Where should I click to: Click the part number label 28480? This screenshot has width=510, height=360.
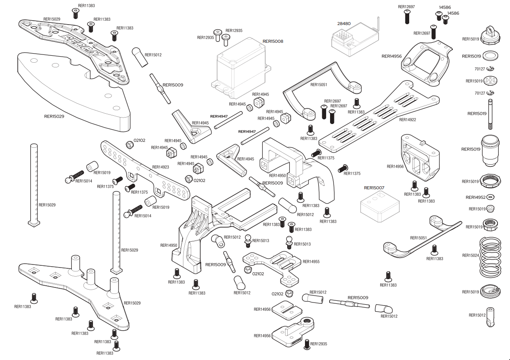click(343, 24)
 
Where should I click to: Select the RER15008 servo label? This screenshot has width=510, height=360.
click(273, 41)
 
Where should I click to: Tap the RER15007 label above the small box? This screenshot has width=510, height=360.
click(374, 188)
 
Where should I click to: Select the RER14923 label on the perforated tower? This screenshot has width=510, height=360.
click(160, 166)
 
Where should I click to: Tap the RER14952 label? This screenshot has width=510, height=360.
click(475, 197)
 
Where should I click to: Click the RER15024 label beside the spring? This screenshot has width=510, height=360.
click(471, 255)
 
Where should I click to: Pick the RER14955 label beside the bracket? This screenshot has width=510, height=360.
click(311, 261)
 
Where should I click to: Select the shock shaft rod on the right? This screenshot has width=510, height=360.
click(491, 114)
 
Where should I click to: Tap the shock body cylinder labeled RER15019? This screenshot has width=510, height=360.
click(491, 151)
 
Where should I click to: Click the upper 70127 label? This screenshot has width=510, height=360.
click(479, 68)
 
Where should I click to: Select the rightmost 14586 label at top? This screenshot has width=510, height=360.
click(453, 13)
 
